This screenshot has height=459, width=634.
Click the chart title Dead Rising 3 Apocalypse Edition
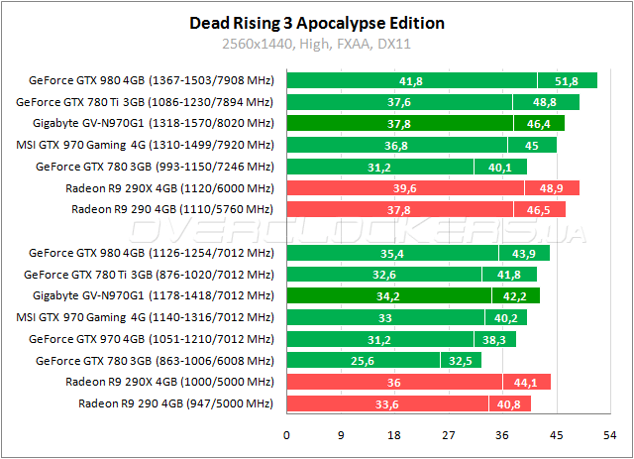316,23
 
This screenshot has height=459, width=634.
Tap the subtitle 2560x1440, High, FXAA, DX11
316,45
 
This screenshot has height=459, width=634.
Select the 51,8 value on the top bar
568,81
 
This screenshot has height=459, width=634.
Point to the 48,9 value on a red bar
549,187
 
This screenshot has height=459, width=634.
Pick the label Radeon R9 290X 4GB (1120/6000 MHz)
168,187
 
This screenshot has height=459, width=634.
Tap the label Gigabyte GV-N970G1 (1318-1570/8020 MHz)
152,124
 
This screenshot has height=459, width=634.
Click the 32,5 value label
461,361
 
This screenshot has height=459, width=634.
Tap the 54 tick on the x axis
610,434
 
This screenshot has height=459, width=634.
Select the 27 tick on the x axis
449,434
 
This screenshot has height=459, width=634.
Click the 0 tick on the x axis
286,434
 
